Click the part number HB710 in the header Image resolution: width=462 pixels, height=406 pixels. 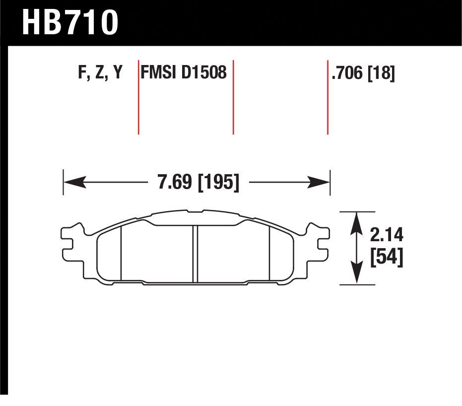pyautogui.click(x=70, y=22)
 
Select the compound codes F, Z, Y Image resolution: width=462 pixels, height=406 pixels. pyautogui.click(x=100, y=72)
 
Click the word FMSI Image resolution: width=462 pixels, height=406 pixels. pyautogui.click(x=158, y=72)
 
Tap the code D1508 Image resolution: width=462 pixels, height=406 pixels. pyautogui.click(x=204, y=72)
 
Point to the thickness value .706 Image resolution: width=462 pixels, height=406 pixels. pyautogui.click(x=347, y=73)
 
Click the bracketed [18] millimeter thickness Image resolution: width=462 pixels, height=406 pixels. pyautogui.click(x=381, y=73)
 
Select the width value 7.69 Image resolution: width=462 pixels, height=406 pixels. pyautogui.click(x=175, y=182)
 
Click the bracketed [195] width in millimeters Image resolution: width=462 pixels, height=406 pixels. pyautogui.click(x=218, y=182)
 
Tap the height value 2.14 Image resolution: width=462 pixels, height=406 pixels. pyautogui.click(x=386, y=235)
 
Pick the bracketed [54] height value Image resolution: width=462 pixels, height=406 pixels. pyautogui.click(x=387, y=258)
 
